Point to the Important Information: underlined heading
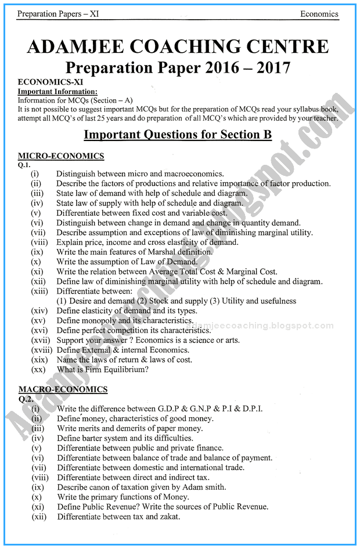point(57,92)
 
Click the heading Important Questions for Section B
point(178,135)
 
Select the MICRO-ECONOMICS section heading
point(61,156)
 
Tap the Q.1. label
point(25,164)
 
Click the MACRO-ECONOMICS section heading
point(63,389)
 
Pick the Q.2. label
point(26,398)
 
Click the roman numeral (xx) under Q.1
point(38,370)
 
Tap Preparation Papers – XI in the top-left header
point(49,14)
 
